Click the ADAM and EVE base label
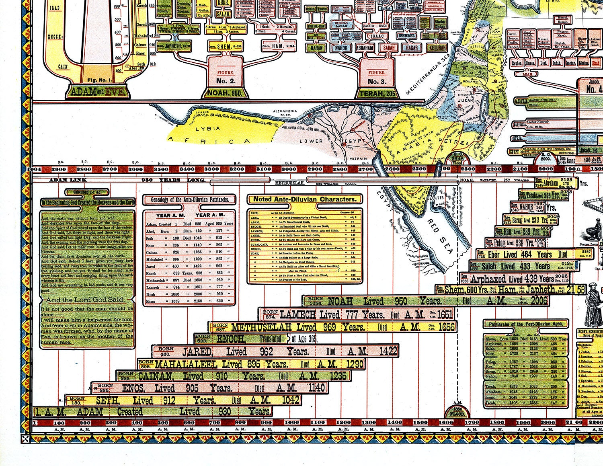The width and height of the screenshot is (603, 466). [98, 92]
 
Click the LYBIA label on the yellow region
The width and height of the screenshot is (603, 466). [207, 129]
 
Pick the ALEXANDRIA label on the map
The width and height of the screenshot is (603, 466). [285, 111]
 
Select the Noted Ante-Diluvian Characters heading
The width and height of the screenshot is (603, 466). [304, 199]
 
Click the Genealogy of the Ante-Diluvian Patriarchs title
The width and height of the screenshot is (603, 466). [190, 199]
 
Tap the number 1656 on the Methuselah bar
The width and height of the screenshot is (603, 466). [446, 327]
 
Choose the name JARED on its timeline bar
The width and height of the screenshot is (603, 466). [197, 352]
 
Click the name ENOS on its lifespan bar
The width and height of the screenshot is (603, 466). [136, 388]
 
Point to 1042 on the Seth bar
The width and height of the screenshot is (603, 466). [291, 400]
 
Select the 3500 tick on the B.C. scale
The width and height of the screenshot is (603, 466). [161, 169]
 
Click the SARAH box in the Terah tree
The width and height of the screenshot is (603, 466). [388, 47]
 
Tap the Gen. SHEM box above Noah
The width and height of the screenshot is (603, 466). [222, 47]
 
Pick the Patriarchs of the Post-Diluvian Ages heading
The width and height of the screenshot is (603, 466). [526, 324]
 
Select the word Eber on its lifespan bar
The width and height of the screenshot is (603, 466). [494, 255]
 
